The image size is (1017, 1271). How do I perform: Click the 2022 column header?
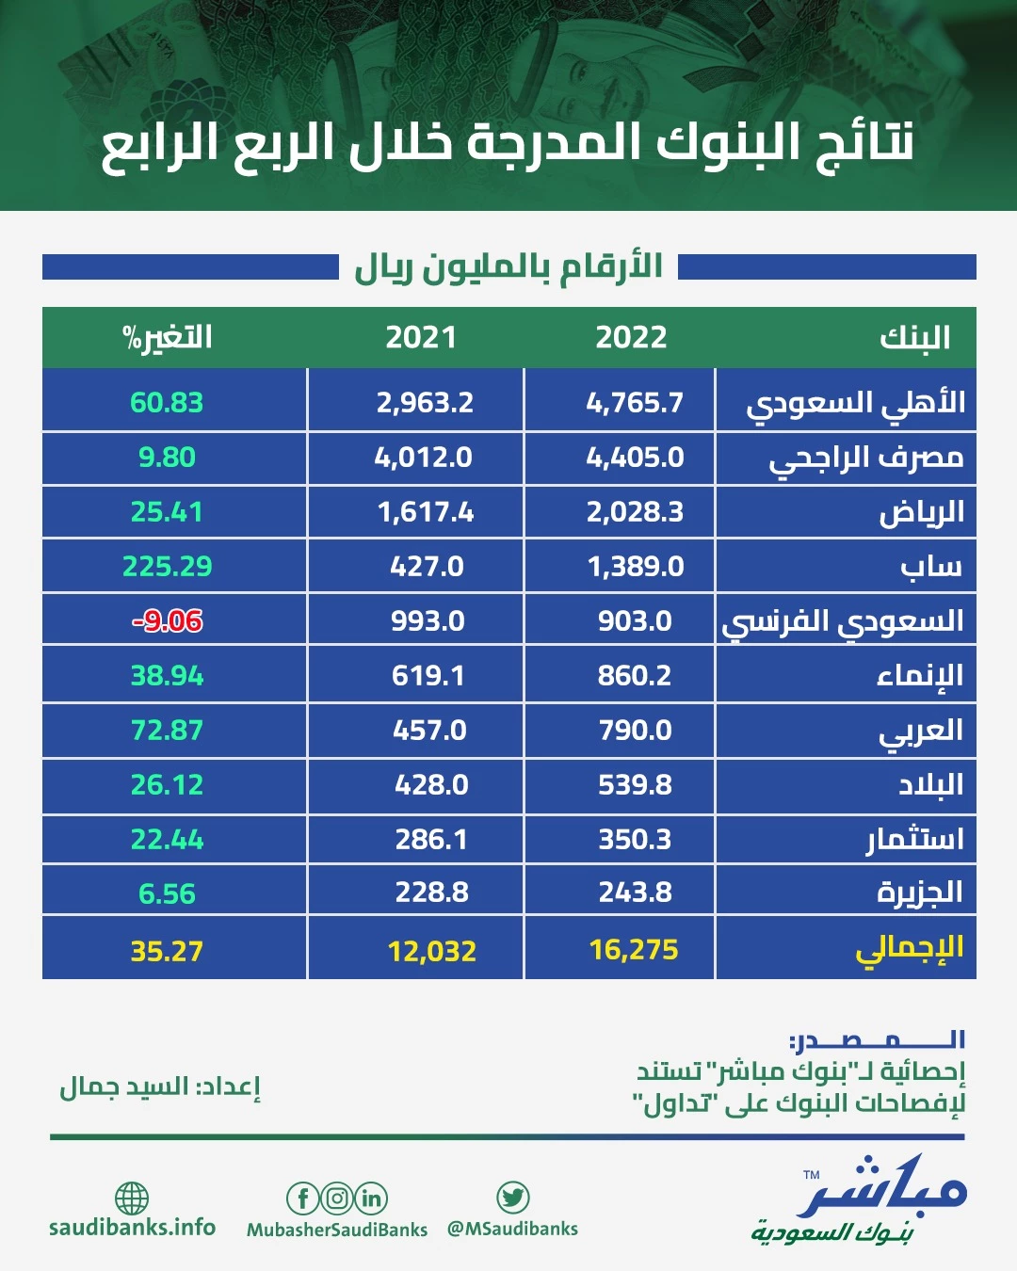click(x=631, y=337)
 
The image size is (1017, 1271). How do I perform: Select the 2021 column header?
click(x=421, y=337)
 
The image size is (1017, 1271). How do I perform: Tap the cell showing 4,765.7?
click(x=635, y=403)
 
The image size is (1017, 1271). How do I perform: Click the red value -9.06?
click(x=168, y=620)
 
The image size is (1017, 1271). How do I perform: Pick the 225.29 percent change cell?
click(x=168, y=567)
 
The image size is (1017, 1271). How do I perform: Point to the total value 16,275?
click(x=634, y=950)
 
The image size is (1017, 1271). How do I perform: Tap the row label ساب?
click(x=931, y=567)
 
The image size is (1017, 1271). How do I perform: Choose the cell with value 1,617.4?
click(x=426, y=512)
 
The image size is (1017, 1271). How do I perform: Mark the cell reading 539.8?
click(x=635, y=785)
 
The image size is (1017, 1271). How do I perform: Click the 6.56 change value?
click(x=167, y=893)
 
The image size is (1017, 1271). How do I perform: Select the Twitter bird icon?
click(x=512, y=1198)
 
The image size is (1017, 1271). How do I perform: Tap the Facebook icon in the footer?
click(x=302, y=1199)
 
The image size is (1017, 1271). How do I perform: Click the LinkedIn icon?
click(x=371, y=1199)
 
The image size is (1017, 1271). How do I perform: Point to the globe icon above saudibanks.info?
click(x=132, y=1199)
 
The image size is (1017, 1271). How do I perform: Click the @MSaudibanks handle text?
click(x=512, y=1229)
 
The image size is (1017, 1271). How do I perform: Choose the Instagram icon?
click(x=337, y=1199)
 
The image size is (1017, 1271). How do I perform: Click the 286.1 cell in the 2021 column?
click(x=431, y=839)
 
